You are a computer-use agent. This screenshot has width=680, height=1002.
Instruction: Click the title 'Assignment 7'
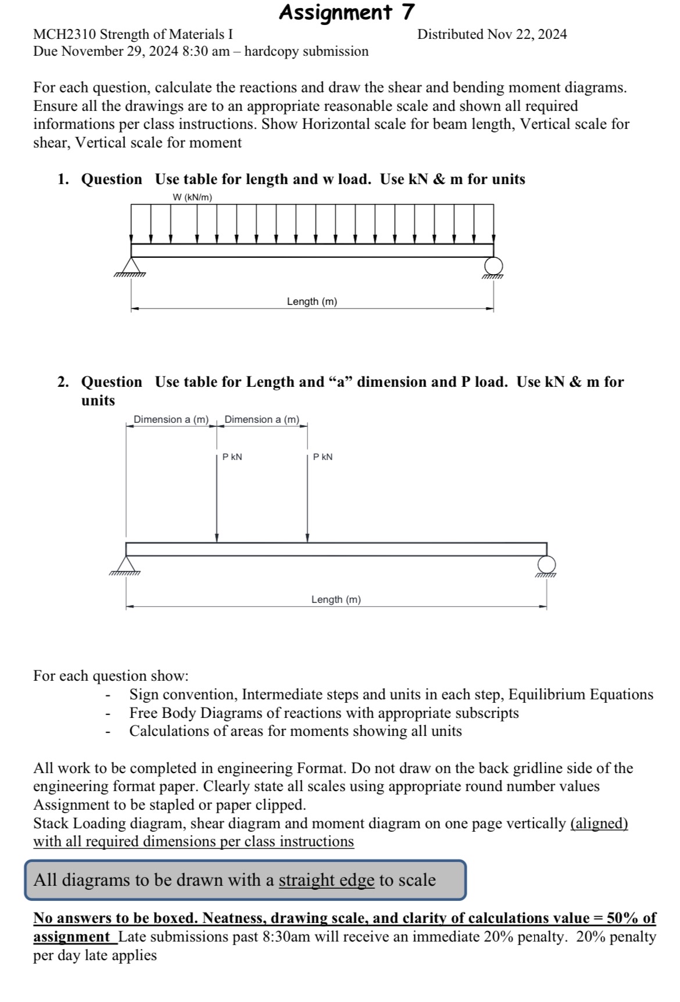(346, 12)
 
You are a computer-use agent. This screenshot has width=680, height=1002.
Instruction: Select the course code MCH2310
(65, 35)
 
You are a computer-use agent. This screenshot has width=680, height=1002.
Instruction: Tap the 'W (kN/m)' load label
(192, 197)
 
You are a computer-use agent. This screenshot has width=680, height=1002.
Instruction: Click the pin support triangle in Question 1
(131, 265)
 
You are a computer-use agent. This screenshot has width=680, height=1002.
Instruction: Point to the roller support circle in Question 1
(493, 265)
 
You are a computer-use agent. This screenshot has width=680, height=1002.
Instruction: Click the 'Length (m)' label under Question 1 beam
(312, 301)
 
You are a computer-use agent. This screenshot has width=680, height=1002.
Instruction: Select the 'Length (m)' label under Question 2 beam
(336, 599)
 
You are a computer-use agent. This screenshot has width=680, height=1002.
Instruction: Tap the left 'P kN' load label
(232, 457)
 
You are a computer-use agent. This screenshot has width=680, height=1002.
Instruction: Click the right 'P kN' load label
(323, 457)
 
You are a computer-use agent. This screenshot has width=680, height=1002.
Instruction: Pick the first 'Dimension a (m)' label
(171, 419)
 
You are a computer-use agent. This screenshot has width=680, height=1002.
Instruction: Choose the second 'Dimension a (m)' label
(262, 419)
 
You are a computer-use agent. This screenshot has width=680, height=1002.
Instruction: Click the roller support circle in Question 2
(546, 563)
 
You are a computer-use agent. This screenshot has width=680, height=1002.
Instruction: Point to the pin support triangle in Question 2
(126, 564)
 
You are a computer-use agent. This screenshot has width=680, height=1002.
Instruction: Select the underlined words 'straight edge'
(326, 880)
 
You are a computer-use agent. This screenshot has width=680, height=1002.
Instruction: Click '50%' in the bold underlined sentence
(622, 918)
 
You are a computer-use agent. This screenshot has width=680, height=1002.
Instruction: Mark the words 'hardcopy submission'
(306, 52)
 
